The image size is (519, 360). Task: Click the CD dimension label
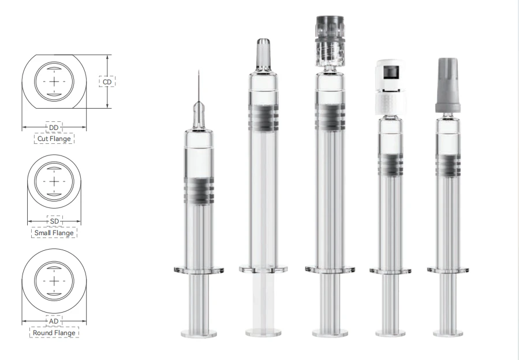(107, 82)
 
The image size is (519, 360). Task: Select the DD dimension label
(54, 128)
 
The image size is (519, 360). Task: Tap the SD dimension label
(55, 221)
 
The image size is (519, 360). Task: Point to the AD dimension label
(54, 321)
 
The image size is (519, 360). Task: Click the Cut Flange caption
(54, 139)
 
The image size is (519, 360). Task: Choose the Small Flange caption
(54, 233)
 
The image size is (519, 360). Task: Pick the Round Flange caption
(54, 332)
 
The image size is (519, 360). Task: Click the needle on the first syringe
(199, 86)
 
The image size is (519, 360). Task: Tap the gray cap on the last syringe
(448, 86)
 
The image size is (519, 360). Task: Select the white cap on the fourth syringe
(391, 87)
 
